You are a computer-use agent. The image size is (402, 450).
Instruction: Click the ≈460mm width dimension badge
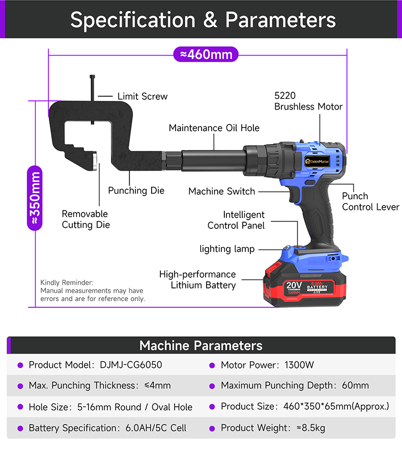tap(206, 54)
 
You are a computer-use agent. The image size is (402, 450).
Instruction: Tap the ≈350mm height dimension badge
tap(35, 198)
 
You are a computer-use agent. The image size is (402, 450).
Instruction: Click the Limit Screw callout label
tap(142, 96)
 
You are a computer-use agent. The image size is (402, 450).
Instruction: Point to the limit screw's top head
tap(92, 77)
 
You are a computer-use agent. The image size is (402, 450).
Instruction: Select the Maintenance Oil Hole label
tap(214, 128)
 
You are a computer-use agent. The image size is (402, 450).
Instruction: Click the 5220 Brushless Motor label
tap(308, 101)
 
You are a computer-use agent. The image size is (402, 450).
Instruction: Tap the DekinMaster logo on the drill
tap(317, 161)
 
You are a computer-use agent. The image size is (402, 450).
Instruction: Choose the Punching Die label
tap(136, 191)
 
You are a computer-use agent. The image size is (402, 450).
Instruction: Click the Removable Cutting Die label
tap(85, 219)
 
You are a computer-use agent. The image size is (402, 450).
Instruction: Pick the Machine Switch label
tap(221, 192)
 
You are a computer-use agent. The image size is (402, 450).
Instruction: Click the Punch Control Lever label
tap(370, 201)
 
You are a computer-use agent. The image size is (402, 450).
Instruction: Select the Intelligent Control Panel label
tap(236, 220)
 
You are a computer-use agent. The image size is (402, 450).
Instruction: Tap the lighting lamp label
tap(227, 249)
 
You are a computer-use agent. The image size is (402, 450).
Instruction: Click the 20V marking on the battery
tap(294, 285)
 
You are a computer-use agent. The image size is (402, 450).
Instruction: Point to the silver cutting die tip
tap(95, 161)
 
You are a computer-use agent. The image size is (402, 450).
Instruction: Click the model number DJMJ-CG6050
tap(131, 365)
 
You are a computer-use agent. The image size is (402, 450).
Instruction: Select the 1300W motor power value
tap(299, 365)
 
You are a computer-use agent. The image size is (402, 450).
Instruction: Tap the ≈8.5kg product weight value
tap(311, 428)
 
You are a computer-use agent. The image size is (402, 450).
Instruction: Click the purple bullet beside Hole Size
tap(20, 407)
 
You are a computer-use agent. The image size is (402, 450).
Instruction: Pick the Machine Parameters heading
tap(201, 346)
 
